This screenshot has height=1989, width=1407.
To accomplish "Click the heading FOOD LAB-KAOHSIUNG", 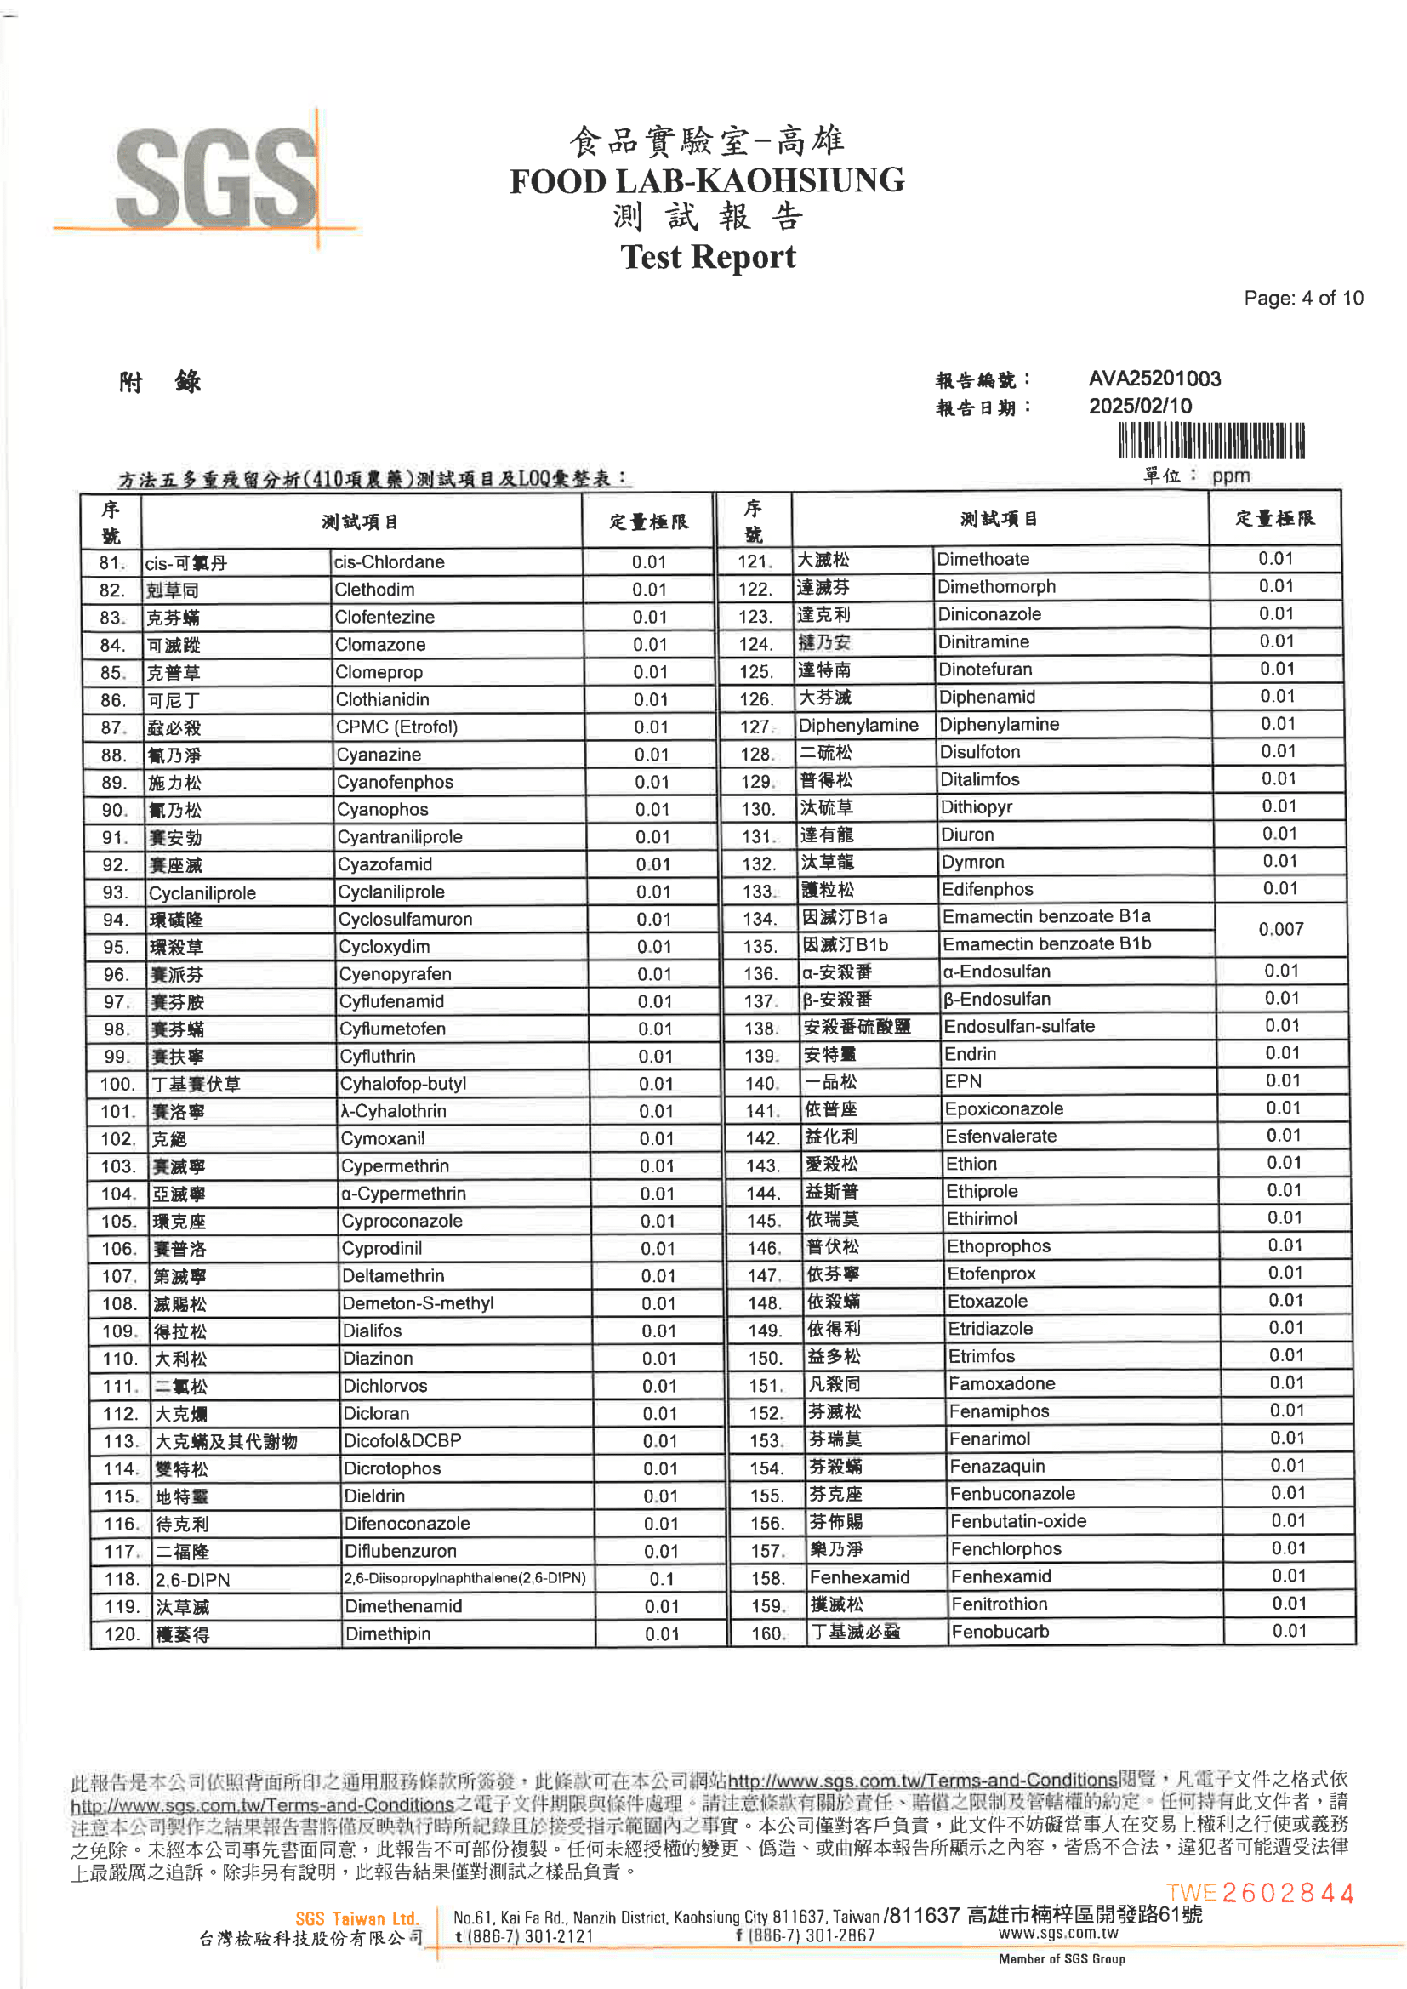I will [706, 181].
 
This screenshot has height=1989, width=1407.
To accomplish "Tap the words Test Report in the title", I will [707, 257].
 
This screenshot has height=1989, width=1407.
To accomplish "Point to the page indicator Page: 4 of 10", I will [1302, 298].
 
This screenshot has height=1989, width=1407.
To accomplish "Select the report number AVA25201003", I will [1154, 379].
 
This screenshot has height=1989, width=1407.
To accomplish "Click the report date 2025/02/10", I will [1139, 406].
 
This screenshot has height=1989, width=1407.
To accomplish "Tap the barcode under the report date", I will [1210, 441].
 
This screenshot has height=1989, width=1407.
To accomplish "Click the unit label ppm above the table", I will [1230, 476].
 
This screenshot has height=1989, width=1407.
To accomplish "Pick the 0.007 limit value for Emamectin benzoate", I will [1280, 930].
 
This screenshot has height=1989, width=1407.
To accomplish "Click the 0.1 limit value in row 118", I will [661, 1579].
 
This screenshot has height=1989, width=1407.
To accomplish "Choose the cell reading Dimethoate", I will [983, 559].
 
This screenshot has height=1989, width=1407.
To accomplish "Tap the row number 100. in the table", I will [117, 1084].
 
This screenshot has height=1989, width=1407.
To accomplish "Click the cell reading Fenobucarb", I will [1000, 1631].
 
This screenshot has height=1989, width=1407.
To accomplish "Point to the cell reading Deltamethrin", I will [392, 1275].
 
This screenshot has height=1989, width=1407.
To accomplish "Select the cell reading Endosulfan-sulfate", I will [1019, 1026].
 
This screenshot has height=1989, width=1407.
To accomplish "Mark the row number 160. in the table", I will [766, 1633].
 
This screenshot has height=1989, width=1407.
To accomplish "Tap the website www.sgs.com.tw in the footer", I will [1058, 1932].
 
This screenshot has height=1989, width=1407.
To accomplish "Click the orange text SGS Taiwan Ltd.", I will [357, 1918].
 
